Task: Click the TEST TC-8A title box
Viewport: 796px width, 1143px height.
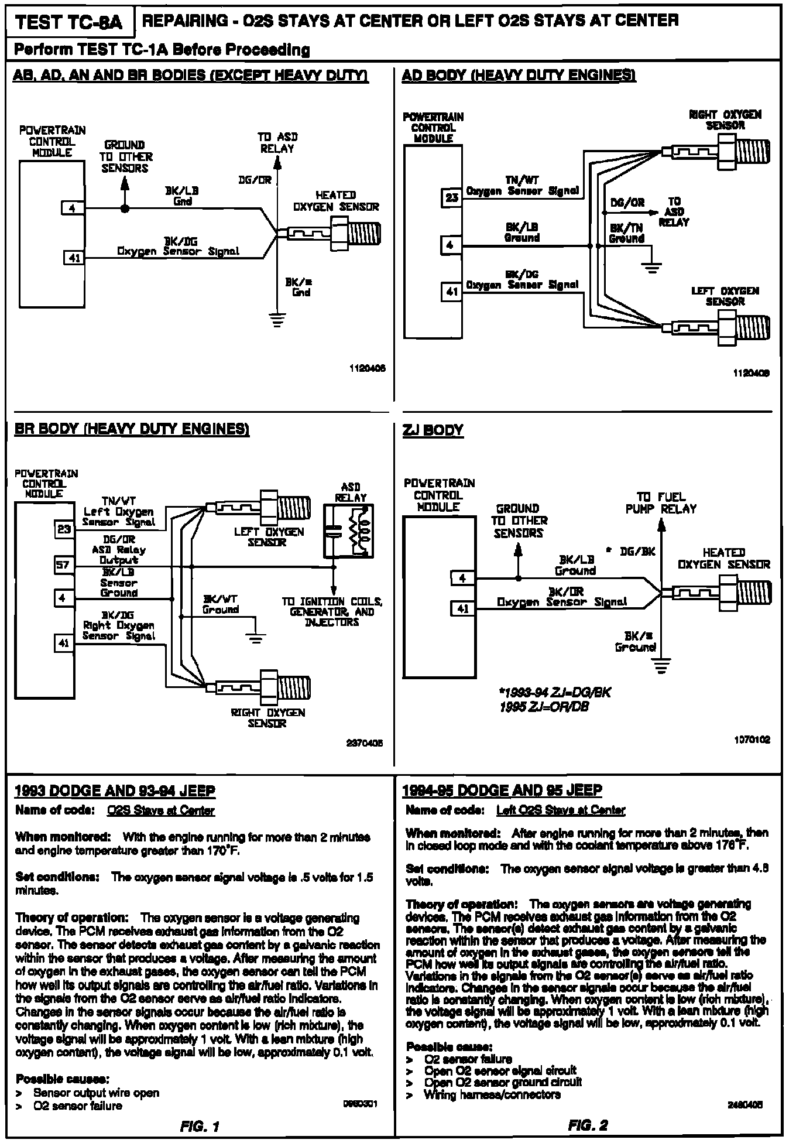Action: [x=68, y=22]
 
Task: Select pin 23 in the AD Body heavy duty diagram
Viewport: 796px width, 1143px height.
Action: [x=451, y=198]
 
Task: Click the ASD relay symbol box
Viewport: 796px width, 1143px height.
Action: [x=350, y=529]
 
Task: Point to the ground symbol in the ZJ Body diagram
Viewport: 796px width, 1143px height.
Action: [x=662, y=666]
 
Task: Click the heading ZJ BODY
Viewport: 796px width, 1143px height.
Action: [x=433, y=430]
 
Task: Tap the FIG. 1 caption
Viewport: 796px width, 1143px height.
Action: [x=200, y=1125]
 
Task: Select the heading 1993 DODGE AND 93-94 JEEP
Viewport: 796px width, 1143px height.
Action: [x=115, y=792]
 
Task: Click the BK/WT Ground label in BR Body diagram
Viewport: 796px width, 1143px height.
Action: [x=221, y=604]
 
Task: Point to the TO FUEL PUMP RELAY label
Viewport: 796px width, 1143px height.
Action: [x=661, y=503]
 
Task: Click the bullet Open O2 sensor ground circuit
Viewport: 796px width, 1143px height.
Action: [x=503, y=1082]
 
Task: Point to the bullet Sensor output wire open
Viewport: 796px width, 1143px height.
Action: [x=96, y=1093]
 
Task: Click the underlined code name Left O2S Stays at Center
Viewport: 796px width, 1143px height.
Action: [x=560, y=810]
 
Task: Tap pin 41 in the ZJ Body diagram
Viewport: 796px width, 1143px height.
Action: [x=462, y=609]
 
